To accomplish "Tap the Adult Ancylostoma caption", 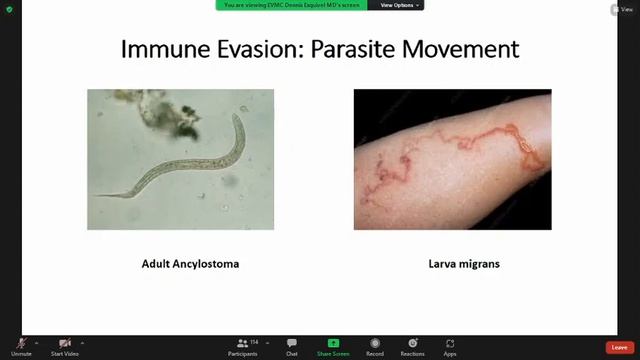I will coord(190,264).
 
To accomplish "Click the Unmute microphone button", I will coord(21,346).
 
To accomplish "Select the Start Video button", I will coord(65,346).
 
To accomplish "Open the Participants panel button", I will coord(243,346).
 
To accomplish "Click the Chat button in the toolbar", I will coord(292,346).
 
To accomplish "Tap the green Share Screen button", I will coord(333,346).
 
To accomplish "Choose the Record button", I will coord(375,346).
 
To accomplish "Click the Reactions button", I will coord(412,346).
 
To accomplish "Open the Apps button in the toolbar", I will coord(450,346).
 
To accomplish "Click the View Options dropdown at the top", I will coord(399,5).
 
